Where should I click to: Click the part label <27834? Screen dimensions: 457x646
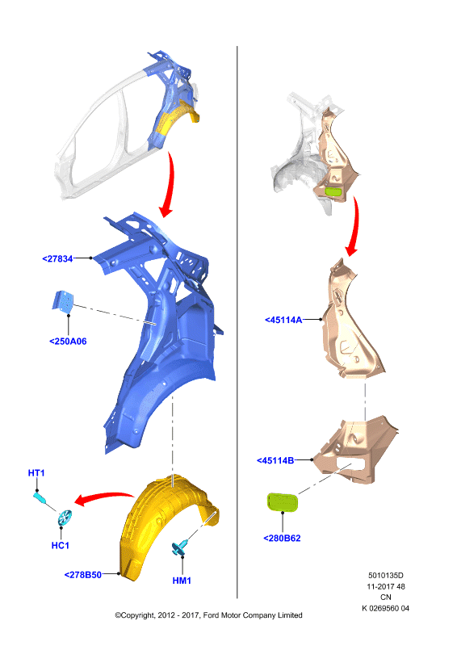point(57,258)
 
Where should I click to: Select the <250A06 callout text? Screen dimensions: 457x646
point(68,341)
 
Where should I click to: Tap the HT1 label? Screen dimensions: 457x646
point(36,473)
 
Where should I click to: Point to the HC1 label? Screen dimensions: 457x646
point(61,546)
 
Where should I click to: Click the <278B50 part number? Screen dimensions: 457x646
point(83,575)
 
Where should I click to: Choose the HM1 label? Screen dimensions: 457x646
point(182,581)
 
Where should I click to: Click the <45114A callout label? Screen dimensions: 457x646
point(283,320)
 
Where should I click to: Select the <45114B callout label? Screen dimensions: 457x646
point(275,460)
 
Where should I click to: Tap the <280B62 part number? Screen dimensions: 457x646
point(283,538)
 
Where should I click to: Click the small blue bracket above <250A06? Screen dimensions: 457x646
point(63,301)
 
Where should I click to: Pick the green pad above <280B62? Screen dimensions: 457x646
point(283,501)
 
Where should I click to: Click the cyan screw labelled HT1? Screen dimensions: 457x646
point(40,498)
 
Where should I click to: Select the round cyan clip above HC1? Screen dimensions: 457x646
point(65,518)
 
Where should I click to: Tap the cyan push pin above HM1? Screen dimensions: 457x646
point(180,547)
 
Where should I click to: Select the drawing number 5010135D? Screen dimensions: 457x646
point(386,575)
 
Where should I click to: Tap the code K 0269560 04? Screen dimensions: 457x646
point(386,608)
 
